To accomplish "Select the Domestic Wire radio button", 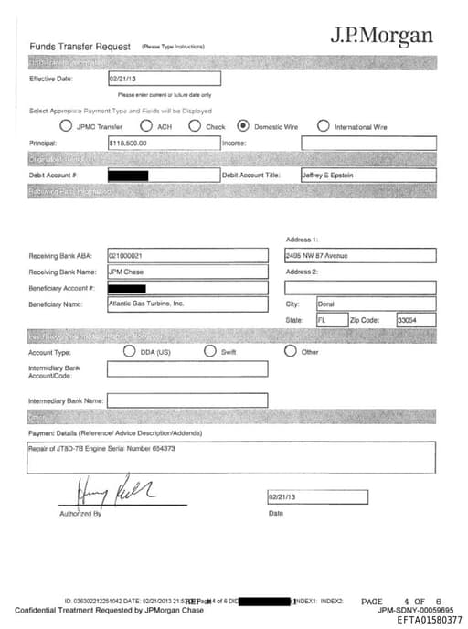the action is tap(243, 126).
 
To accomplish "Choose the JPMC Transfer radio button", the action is tap(66, 126).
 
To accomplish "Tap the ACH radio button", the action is tap(145, 126).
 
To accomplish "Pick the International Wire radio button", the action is tap(323, 126).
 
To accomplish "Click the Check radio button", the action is tap(195, 126).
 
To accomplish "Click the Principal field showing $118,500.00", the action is tap(164, 144).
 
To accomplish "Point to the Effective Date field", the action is tap(164, 80).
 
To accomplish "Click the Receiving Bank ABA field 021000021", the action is tap(186, 256).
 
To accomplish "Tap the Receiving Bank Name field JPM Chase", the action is tap(186, 272).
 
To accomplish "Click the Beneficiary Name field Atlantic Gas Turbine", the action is tap(186, 304).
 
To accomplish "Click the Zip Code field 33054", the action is tap(408, 320).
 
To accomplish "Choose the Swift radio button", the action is tap(210, 351).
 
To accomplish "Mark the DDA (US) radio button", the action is tap(130, 351).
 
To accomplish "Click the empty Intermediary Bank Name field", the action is tap(186, 400).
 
